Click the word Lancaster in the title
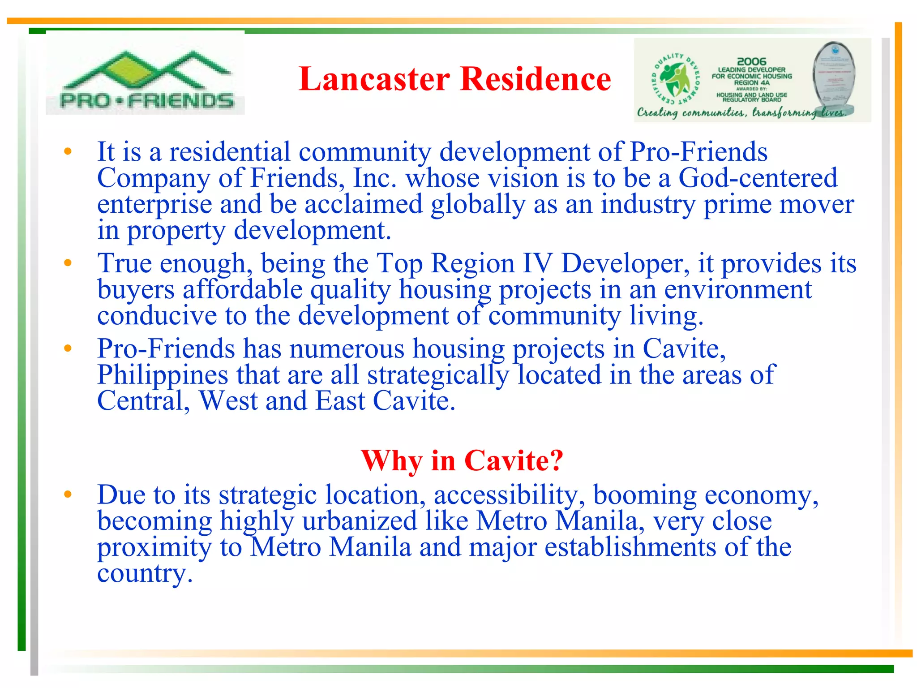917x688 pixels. point(374,79)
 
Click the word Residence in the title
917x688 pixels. point(536,79)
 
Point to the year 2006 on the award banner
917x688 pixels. point(751,61)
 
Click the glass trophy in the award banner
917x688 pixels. point(834,78)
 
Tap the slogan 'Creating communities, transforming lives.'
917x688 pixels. point(741,112)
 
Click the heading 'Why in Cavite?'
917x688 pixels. point(462,460)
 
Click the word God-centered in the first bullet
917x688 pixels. point(758,178)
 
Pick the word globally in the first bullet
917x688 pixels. point(478,204)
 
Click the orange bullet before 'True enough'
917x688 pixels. point(68,262)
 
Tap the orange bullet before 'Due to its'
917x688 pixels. point(68,494)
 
